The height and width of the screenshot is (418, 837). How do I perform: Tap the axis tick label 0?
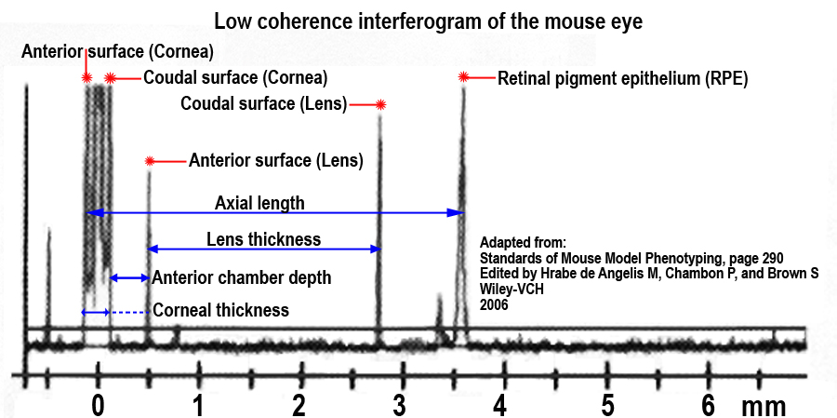[x=97, y=406]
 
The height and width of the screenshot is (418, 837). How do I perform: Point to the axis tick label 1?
[x=197, y=406]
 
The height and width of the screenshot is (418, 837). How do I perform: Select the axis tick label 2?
[x=298, y=406]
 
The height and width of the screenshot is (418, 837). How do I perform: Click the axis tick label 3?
[x=400, y=406]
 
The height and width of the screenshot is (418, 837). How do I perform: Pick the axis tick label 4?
[x=501, y=406]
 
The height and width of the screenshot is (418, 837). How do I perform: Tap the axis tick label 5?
[x=607, y=406]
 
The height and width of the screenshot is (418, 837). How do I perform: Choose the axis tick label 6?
[x=709, y=406]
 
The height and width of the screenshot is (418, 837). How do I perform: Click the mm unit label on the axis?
[x=764, y=407]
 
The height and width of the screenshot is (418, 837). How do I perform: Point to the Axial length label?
[x=259, y=203]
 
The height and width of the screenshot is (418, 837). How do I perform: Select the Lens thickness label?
[x=263, y=239]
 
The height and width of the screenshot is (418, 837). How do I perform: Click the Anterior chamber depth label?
[x=241, y=277]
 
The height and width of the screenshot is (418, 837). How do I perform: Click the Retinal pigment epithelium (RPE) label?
[x=623, y=79]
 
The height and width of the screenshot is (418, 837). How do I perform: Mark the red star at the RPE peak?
[x=463, y=79]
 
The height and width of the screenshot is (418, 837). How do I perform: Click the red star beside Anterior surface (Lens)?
[x=149, y=160]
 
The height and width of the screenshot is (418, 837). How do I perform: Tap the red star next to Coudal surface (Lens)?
[x=380, y=105]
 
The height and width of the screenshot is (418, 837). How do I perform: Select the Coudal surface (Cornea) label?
[x=235, y=77]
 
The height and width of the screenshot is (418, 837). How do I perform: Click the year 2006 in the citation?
[x=494, y=303]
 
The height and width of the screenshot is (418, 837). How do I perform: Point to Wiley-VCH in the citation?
[x=512, y=289]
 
